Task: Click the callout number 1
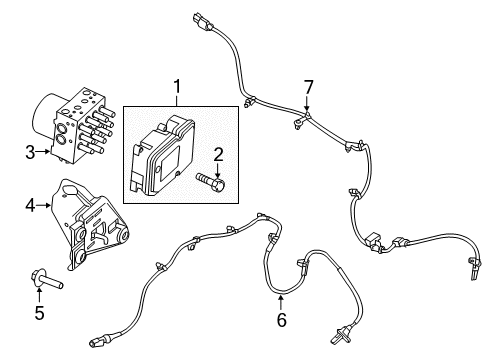[x=177, y=87]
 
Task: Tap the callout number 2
[x=218, y=155]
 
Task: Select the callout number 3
[x=30, y=153]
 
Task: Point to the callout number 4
[x=30, y=206]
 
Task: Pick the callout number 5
[x=39, y=313]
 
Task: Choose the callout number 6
[x=282, y=320]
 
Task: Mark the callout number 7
[x=309, y=88]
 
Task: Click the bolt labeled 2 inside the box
[x=211, y=182]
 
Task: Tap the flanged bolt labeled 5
[x=46, y=279]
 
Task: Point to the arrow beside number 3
[x=43, y=152]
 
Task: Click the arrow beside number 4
[x=43, y=205]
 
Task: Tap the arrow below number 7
[x=307, y=103]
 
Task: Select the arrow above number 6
[x=281, y=303]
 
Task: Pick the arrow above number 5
[x=39, y=296]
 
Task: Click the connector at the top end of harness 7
[x=201, y=21]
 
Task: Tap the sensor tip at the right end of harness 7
[x=474, y=269]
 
